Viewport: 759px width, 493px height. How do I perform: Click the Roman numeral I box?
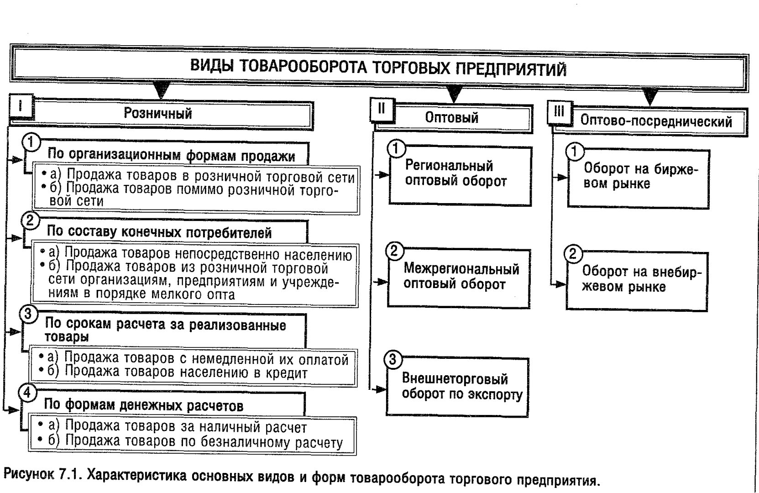click(x=21, y=106)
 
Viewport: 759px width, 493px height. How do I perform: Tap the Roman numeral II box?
click(x=382, y=109)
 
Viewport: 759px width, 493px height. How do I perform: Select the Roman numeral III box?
click(x=560, y=112)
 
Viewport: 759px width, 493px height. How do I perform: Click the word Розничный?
click(x=158, y=113)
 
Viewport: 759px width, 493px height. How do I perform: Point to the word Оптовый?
click(x=452, y=118)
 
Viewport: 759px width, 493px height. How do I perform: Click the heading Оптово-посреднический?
click(x=656, y=121)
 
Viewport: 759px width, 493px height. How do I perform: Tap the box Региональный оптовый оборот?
click(x=460, y=176)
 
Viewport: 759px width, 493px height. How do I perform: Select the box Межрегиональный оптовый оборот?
click(x=459, y=278)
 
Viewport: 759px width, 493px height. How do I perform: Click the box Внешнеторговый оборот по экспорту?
click(x=457, y=387)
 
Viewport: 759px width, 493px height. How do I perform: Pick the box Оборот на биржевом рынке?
click(x=639, y=179)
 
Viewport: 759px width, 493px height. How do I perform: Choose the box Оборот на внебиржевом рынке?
click(x=637, y=281)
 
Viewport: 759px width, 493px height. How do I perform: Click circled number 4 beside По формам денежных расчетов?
click(x=27, y=393)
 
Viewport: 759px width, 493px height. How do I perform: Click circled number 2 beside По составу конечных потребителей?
click(x=30, y=220)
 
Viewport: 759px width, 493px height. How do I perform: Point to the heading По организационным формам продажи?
click(x=171, y=155)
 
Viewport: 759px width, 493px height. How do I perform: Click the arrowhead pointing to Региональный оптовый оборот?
click(x=384, y=175)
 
